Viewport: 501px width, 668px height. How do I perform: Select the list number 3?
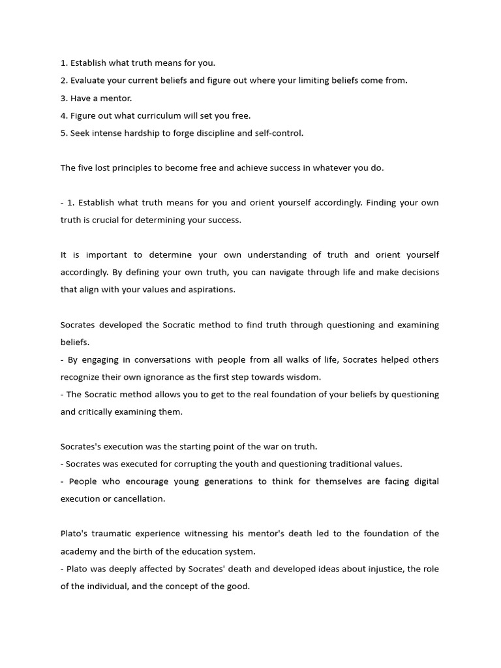(64, 98)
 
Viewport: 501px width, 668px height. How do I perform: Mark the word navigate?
(294, 272)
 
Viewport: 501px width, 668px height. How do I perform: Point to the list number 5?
(64, 133)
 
